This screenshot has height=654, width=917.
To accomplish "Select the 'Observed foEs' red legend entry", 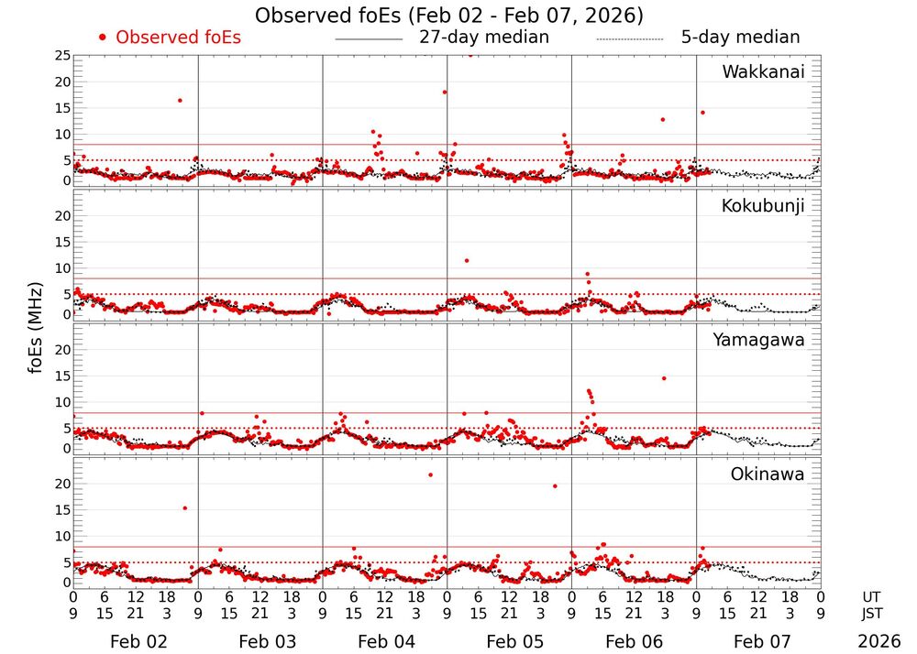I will [x=170, y=38].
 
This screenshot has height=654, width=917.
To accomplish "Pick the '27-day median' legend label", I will [x=484, y=38].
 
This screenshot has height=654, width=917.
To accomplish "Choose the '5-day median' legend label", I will [x=740, y=38].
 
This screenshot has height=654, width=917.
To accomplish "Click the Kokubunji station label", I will [x=763, y=206].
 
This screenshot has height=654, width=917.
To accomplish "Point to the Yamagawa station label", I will [x=759, y=340].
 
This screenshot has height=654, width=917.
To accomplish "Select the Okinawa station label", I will [x=768, y=474].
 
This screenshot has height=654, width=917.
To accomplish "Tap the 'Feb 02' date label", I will [x=135, y=641].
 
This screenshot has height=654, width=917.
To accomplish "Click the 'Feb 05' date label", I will [x=509, y=641].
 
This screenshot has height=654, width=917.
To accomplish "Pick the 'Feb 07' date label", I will [x=758, y=641].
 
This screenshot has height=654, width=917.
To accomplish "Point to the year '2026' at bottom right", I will [x=879, y=641].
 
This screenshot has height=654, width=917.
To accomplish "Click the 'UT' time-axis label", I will [x=872, y=595].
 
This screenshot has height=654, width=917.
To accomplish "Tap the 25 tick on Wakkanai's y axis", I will [x=61, y=56].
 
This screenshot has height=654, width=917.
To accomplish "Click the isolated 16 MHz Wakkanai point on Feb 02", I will [x=180, y=100].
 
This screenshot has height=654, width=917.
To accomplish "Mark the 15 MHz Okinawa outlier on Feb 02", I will [x=184, y=507].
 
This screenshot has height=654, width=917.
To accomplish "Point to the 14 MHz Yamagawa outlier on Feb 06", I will [x=664, y=378].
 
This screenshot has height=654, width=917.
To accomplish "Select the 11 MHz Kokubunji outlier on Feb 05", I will [x=467, y=261].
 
